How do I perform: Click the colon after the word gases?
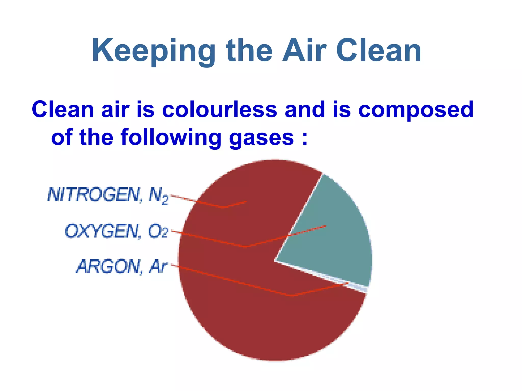tap(305, 139)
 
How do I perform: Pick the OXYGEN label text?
tap(103, 231)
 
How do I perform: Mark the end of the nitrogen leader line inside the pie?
tap(246, 202)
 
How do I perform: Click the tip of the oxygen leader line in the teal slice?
tap(326, 226)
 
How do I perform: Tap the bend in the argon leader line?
tap(291, 296)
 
